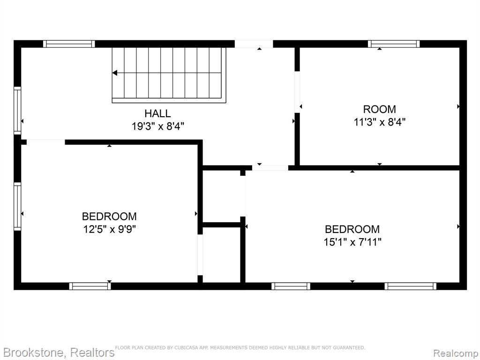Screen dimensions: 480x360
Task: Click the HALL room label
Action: [157, 113]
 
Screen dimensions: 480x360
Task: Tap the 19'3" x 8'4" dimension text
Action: [158, 126]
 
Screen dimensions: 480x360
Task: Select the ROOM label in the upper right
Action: [379, 109]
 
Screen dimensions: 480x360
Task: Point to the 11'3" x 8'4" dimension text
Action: [380, 122]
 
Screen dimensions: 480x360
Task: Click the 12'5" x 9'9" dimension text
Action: [109, 229]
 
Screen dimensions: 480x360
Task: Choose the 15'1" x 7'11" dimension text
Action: [352, 242]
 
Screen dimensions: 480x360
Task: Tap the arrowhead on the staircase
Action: [115, 73]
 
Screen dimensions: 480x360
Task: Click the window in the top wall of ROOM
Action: [394, 44]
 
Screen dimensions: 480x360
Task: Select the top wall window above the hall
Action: [69, 44]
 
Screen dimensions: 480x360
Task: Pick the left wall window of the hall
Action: [17, 111]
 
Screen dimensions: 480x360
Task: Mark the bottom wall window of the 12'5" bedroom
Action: [90, 286]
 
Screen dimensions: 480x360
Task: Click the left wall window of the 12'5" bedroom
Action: [17, 207]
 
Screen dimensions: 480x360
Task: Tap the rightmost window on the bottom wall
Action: [411, 286]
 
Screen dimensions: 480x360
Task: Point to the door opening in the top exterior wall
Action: [254, 44]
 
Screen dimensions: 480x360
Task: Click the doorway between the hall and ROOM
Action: [297, 92]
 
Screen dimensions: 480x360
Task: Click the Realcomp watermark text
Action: [456, 353]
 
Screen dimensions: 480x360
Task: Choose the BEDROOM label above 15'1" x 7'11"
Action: [352, 229]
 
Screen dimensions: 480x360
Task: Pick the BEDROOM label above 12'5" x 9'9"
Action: [109, 217]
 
